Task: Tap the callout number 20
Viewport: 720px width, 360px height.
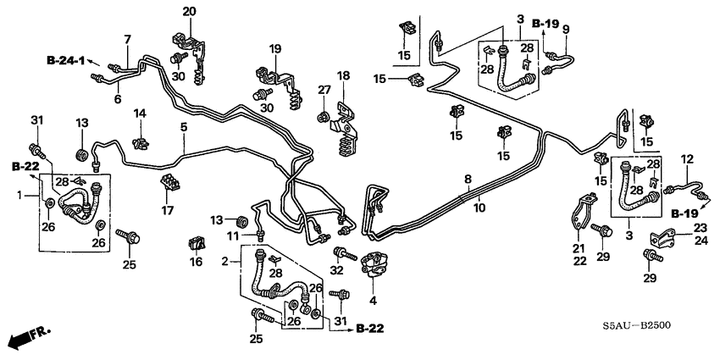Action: pyautogui.click(x=188, y=11)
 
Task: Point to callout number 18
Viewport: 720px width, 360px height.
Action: pyautogui.click(x=343, y=76)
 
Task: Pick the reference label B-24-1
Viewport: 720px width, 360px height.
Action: pyautogui.click(x=69, y=60)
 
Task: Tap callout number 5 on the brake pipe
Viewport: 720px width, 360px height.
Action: pyautogui.click(x=182, y=127)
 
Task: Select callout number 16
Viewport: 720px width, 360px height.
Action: pyautogui.click(x=196, y=263)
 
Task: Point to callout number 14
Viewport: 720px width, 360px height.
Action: pyautogui.click(x=140, y=113)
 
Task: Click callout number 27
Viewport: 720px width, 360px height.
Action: pyautogui.click(x=324, y=90)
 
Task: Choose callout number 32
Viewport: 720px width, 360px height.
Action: pyautogui.click(x=338, y=271)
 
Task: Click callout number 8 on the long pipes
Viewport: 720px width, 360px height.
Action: pyautogui.click(x=467, y=178)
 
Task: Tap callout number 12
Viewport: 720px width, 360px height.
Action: pyautogui.click(x=688, y=158)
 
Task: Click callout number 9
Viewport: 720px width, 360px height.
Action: pyautogui.click(x=566, y=30)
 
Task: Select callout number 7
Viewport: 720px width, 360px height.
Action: pyautogui.click(x=128, y=39)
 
